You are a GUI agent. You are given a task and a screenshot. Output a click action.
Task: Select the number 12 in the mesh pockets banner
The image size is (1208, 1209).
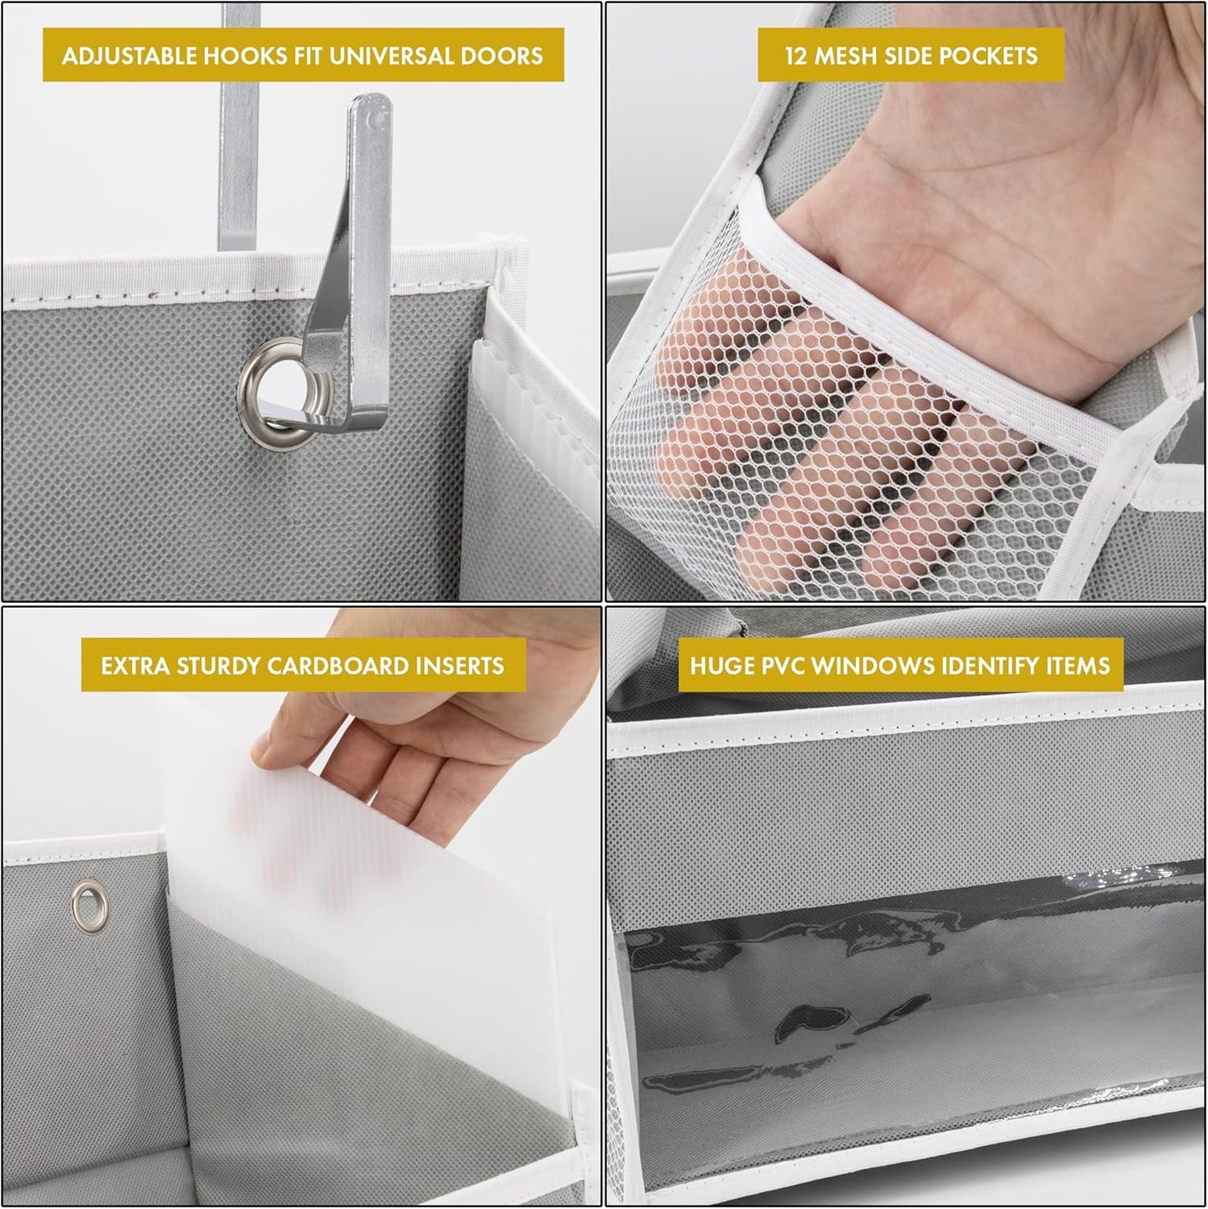(796, 56)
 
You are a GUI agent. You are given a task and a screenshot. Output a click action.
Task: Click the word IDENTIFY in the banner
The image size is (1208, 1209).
(991, 666)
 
